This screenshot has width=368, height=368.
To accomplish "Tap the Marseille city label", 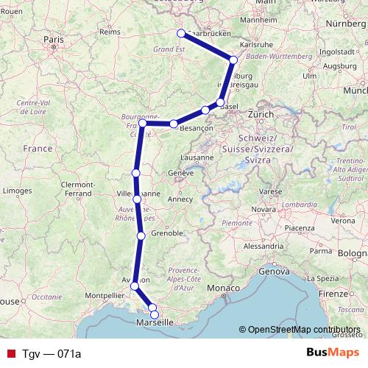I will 155,322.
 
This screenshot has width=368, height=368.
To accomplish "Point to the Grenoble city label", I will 166,233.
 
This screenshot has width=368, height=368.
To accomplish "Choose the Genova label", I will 274,272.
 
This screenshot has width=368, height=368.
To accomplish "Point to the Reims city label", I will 109,32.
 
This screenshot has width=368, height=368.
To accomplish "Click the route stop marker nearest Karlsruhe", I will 233,60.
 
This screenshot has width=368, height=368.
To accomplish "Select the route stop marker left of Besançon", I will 173,124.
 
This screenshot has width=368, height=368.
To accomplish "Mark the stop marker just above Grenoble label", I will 141,236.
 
